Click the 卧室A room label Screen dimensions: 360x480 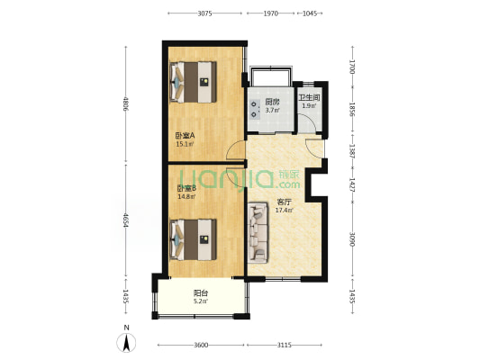(186, 136)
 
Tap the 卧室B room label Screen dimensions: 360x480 (186, 187)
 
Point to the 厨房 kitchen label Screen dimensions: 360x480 (271, 102)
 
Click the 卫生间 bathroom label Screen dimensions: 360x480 (309, 98)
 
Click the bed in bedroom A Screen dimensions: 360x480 (195, 80)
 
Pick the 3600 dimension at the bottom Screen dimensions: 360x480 (201, 346)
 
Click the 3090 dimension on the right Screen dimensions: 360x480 (352, 240)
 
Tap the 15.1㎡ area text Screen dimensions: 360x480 (185, 144)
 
